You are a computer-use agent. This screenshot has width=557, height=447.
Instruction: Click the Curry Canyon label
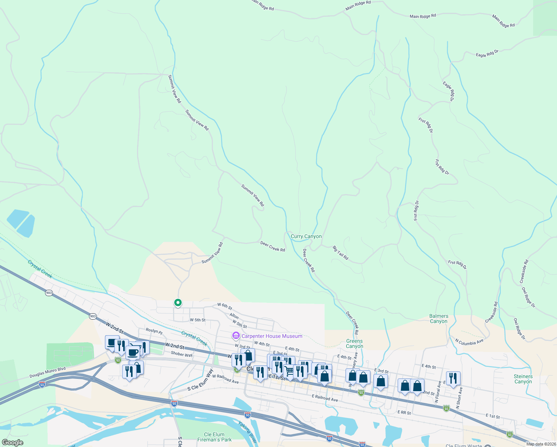click(x=306, y=237)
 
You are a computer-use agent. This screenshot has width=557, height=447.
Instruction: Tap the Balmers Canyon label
click(x=439, y=318)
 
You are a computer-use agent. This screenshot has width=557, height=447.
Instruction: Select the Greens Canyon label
click(x=354, y=343)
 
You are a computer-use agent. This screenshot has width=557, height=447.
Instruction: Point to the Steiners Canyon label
click(x=523, y=379)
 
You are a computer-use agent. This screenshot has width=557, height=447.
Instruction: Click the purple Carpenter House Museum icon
click(x=236, y=336)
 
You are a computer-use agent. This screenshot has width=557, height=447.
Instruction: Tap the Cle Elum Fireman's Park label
click(x=214, y=437)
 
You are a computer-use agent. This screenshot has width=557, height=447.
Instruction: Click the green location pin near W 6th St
click(x=178, y=303)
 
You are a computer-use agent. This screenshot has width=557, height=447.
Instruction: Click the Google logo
click(x=12, y=443)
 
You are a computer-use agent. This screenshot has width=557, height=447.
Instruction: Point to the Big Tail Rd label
click(x=340, y=253)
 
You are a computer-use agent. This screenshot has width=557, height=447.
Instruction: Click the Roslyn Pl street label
click(x=154, y=331)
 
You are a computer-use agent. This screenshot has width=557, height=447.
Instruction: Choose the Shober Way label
click(x=182, y=354)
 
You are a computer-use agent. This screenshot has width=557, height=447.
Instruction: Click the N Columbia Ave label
click(x=469, y=342)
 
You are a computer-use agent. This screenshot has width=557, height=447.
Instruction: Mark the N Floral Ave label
click(x=438, y=391)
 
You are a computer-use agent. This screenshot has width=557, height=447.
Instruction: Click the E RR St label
click(x=404, y=413)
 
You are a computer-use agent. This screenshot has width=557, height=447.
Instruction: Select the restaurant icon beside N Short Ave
click(x=453, y=378)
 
